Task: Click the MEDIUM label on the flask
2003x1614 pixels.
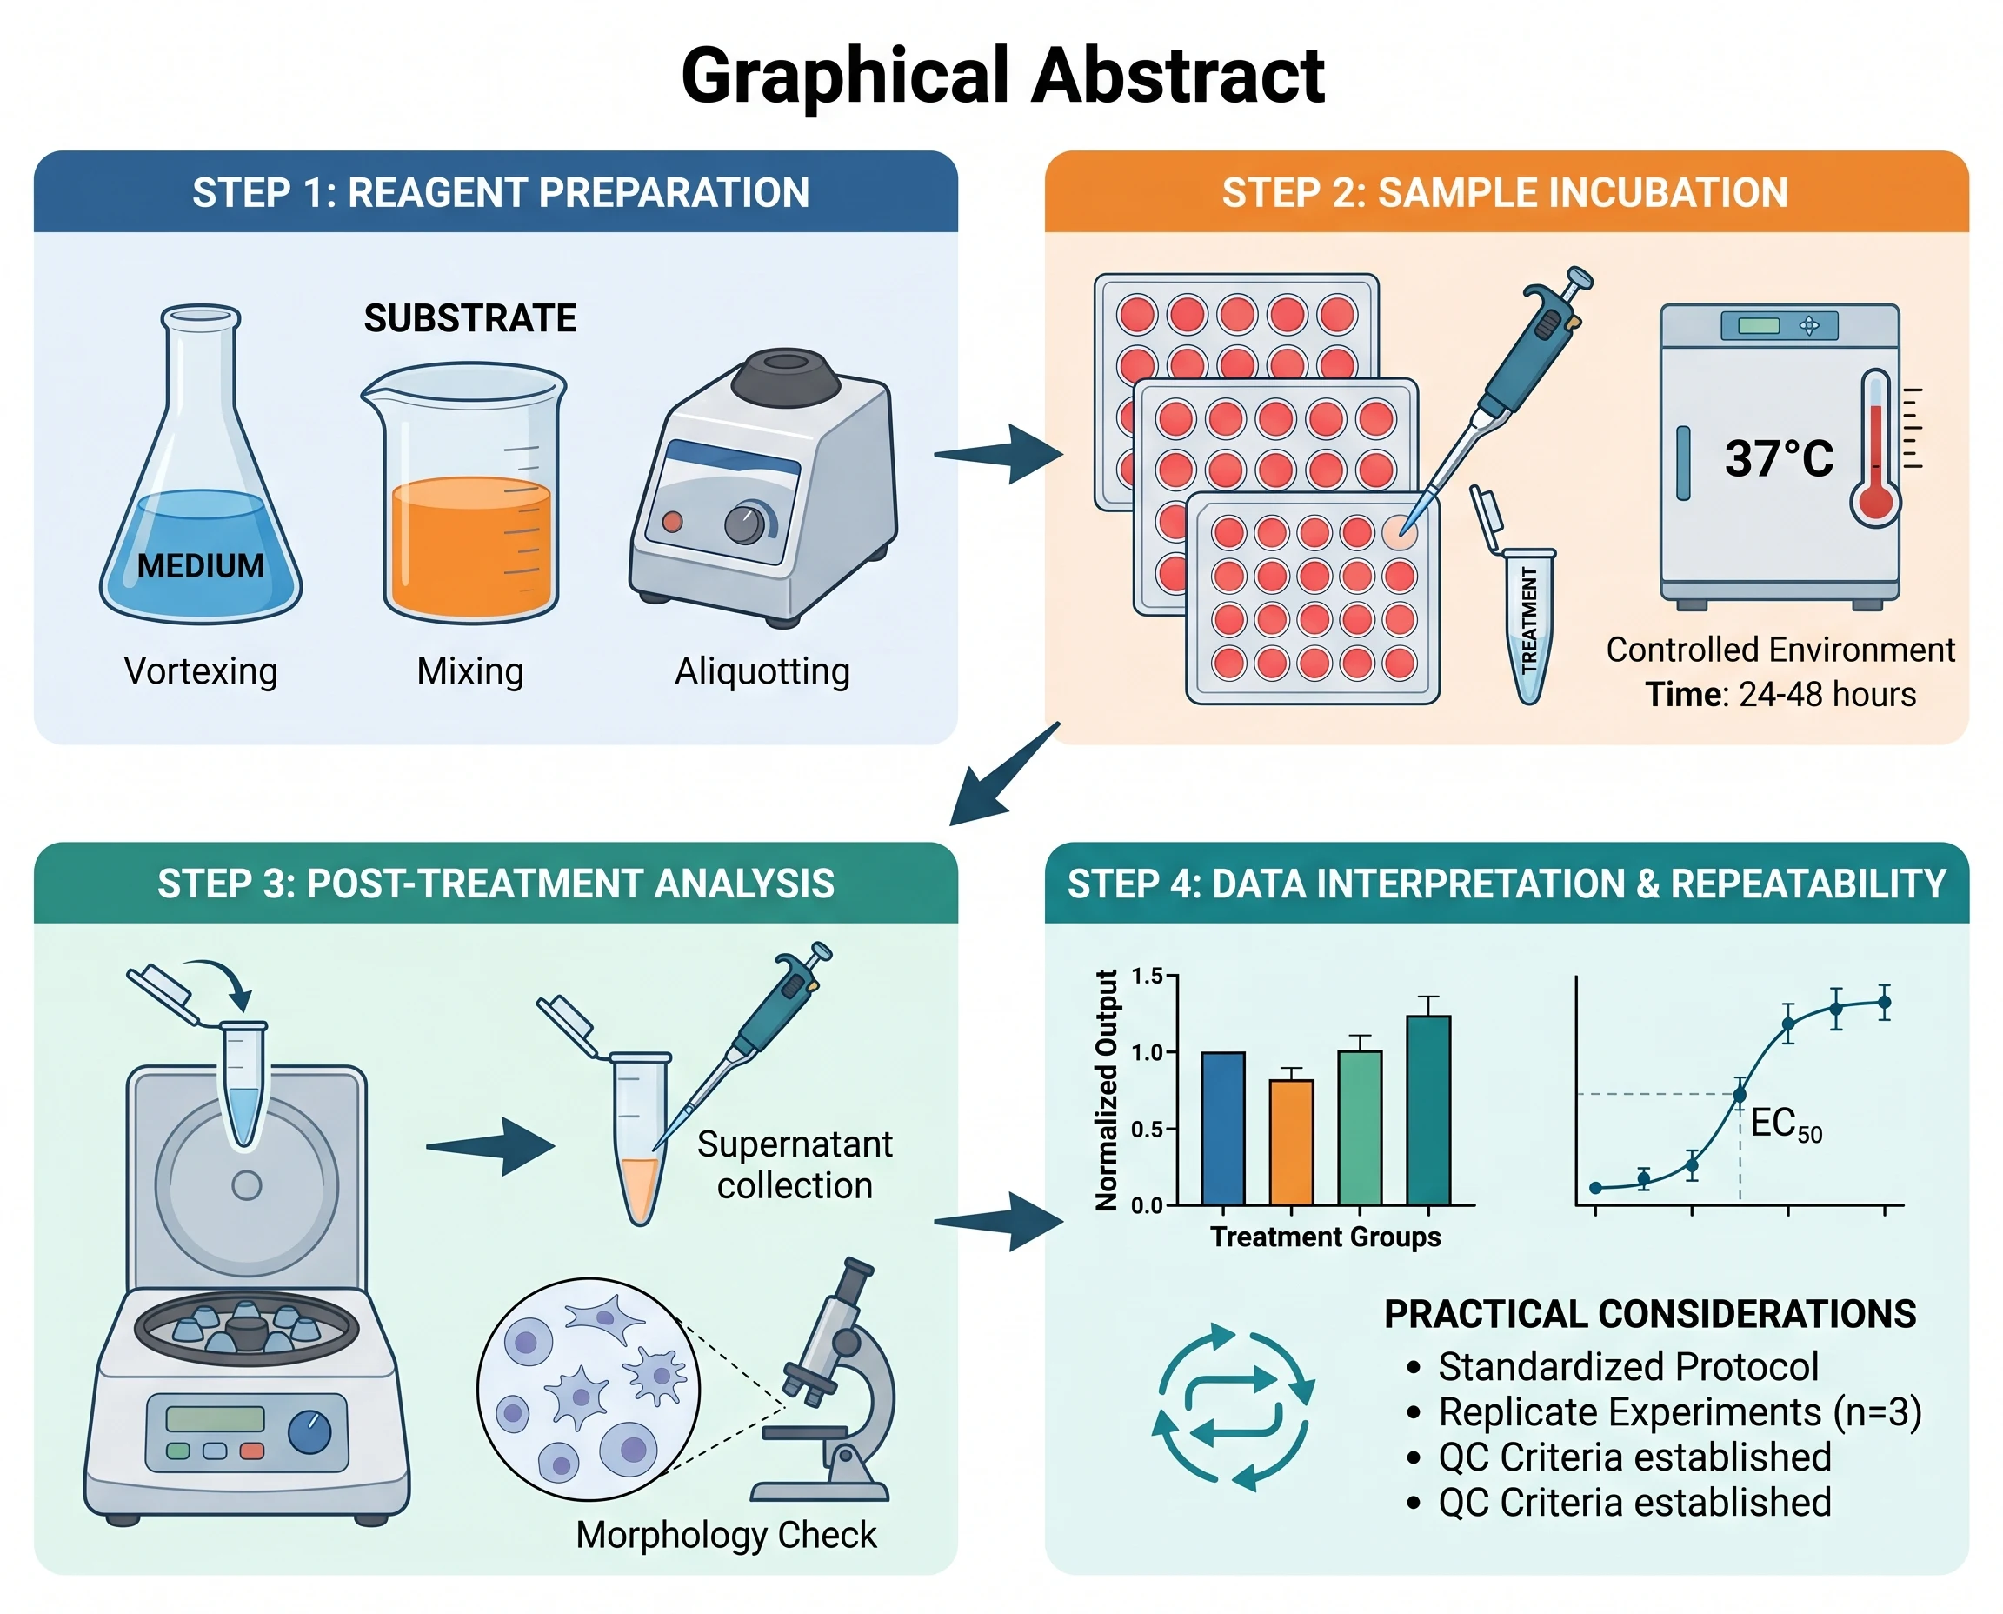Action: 201,565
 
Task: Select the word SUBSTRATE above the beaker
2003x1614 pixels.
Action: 470,319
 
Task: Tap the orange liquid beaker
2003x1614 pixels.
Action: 465,493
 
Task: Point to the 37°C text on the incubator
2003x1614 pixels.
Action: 1779,458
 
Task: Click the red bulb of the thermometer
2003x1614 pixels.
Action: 1877,503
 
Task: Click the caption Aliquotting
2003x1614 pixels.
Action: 762,671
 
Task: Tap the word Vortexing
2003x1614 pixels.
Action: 201,671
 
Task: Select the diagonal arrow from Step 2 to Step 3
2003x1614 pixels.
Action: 1004,775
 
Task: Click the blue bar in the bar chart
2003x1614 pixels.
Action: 1223,1129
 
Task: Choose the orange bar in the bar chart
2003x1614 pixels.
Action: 1292,1143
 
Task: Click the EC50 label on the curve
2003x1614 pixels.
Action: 1786,1125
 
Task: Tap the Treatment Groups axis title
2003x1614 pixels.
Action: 1326,1237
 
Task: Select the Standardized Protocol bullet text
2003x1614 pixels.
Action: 1628,1367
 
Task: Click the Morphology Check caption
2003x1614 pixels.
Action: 726,1535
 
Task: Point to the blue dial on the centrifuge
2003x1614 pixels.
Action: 309,1433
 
